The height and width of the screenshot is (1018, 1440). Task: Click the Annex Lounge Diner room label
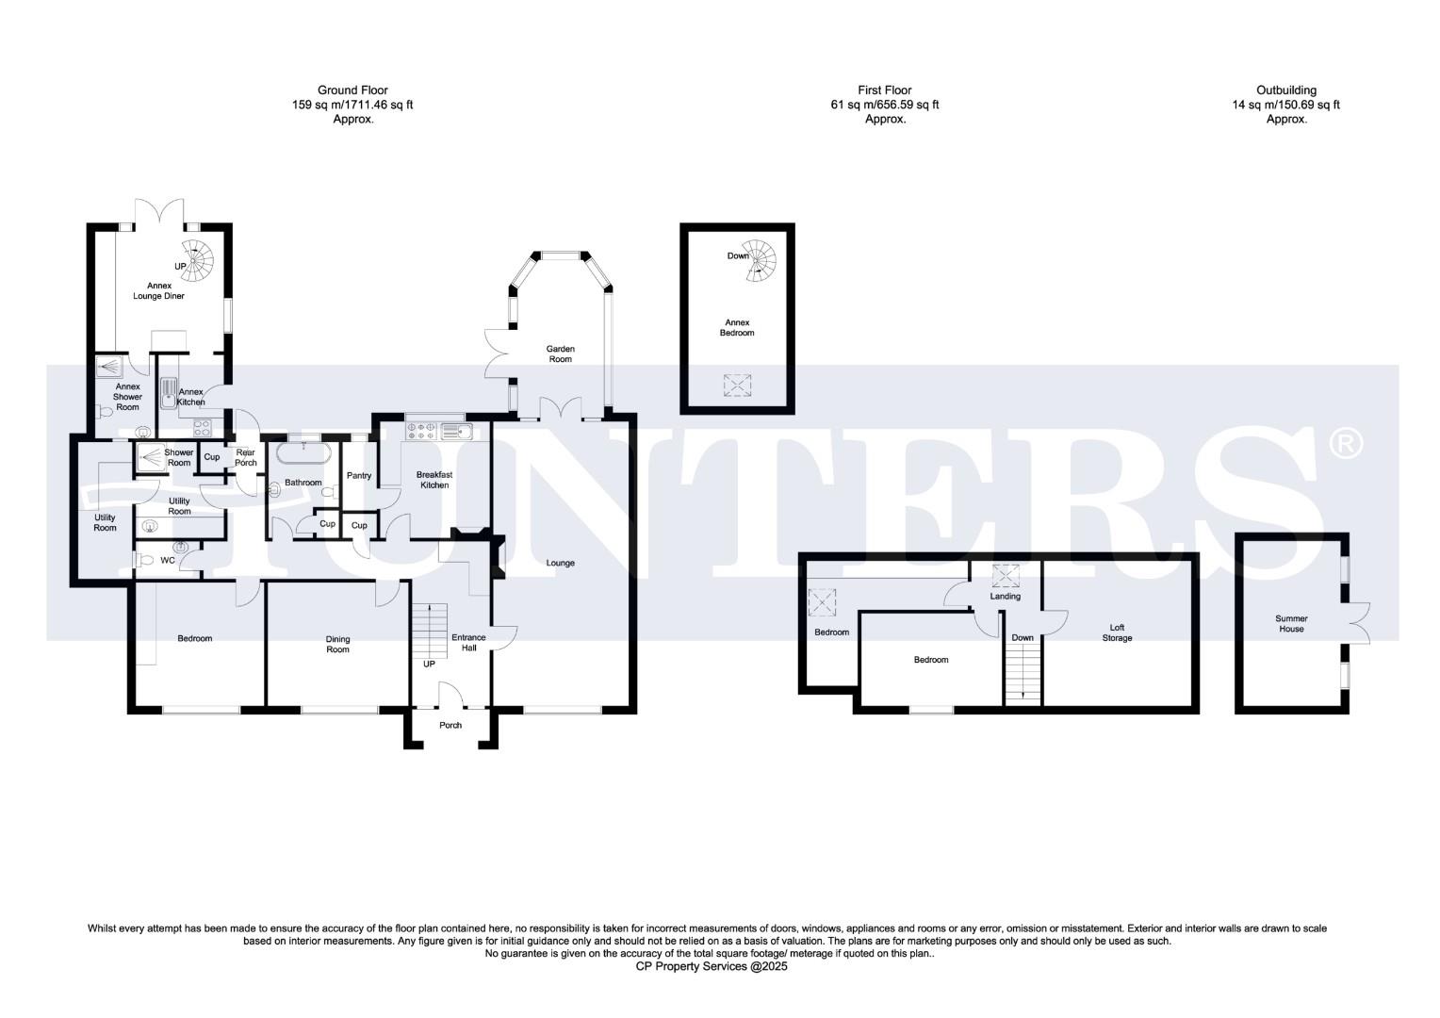(158, 290)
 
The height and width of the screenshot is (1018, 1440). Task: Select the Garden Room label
(561, 353)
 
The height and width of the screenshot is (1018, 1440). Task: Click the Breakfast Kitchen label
(434, 480)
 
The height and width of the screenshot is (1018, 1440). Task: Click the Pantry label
(359, 476)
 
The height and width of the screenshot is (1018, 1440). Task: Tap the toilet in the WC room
(144, 560)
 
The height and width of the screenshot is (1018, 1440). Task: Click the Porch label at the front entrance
(450, 725)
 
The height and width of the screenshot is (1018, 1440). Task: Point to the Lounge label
(560, 564)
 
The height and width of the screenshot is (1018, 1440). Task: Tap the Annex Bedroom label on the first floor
(737, 327)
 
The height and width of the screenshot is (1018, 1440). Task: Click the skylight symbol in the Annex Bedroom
(738, 384)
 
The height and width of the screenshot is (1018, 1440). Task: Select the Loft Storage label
(1117, 632)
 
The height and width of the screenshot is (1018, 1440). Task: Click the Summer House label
(1291, 624)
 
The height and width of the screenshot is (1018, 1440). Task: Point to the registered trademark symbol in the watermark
(1345, 442)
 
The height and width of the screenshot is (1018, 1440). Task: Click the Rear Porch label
(246, 457)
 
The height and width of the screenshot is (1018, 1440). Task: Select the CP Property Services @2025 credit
(712, 966)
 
